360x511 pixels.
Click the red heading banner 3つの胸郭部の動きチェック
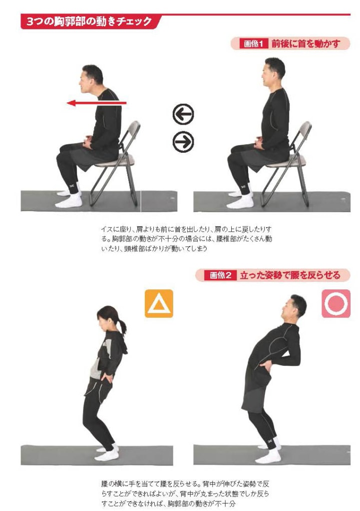click(x=90, y=22)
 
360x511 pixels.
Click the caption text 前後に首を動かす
click(x=305, y=44)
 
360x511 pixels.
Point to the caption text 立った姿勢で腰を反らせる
click(x=290, y=275)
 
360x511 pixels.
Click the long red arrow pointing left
click(x=97, y=103)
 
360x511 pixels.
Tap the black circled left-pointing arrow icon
click(x=183, y=114)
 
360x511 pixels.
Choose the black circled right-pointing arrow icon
click(x=183, y=142)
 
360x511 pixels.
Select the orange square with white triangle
click(x=159, y=303)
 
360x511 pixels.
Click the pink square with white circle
click(x=336, y=303)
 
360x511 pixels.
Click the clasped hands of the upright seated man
click(x=259, y=142)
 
